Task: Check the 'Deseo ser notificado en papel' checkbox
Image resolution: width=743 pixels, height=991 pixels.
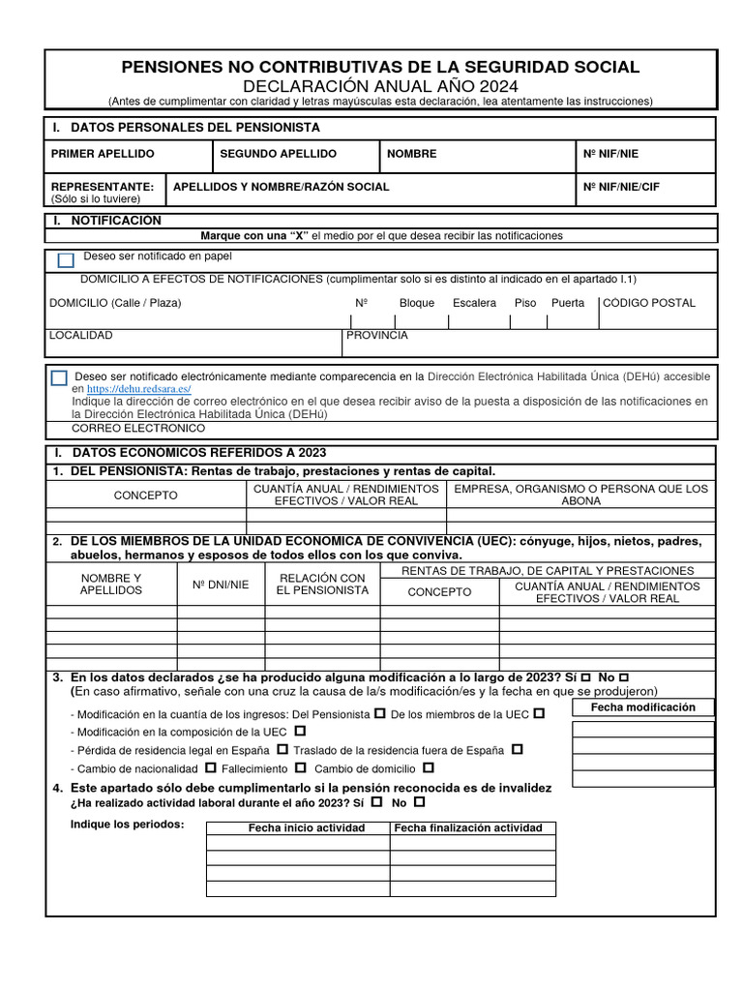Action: point(66,260)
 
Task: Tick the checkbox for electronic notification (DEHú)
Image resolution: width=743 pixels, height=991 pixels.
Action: point(59,378)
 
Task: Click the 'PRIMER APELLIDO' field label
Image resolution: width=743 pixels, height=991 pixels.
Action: point(103,154)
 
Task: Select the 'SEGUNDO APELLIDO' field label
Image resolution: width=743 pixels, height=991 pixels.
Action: point(279,154)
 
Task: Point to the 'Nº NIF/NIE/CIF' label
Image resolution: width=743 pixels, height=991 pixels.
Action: point(621,187)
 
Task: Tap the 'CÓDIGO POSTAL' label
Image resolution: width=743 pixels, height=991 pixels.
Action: point(649,303)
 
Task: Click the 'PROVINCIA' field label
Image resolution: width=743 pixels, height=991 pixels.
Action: point(377,336)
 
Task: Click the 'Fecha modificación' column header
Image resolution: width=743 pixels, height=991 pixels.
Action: point(643,707)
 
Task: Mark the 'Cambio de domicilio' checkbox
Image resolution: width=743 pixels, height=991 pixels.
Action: point(400,768)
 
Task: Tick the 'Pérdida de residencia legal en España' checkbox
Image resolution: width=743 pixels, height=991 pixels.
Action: point(282,749)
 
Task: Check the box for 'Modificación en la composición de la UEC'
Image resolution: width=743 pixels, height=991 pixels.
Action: point(299,731)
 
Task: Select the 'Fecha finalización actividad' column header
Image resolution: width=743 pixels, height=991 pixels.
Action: point(468,828)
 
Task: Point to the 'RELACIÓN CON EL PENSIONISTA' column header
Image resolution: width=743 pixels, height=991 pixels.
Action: point(322,584)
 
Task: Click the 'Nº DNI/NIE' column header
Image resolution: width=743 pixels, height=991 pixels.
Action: point(221,585)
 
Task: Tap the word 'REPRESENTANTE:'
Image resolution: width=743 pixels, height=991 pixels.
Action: point(102,186)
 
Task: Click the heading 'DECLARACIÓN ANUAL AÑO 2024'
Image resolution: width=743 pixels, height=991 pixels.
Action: point(379,86)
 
